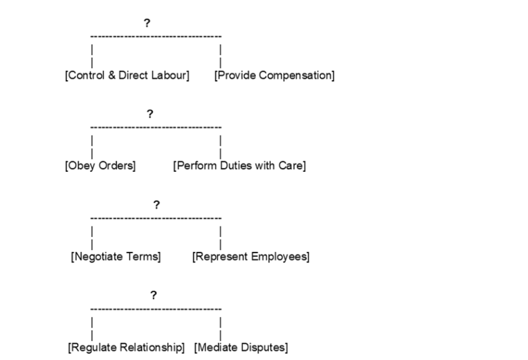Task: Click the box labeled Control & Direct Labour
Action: pyautogui.click(x=127, y=76)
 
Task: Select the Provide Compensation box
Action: pyautogui.click(x=274, y=76)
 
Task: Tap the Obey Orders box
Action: pyautogui.click(x=100, y=166)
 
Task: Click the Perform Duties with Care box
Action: pyautogui.click(x=239, y=166)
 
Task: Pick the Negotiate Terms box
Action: pyautogui.click(x=115, y=256)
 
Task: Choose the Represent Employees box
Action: pyautogui.click(x=251, y=256)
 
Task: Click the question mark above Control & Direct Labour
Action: pyautogui.click(x=146, y=23)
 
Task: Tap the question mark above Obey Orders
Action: pyautogui.click(x=150, y=114)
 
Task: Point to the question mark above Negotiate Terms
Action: pyautogui.click(x=156, y=204)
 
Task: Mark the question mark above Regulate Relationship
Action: pyautogui.click(x=153, y=295)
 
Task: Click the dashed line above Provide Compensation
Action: pyautogui.click(x=195, y=36)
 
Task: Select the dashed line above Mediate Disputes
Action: pyautogui.click(x=195, y=308)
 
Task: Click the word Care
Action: pyautogui.click(x=290, y=166)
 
